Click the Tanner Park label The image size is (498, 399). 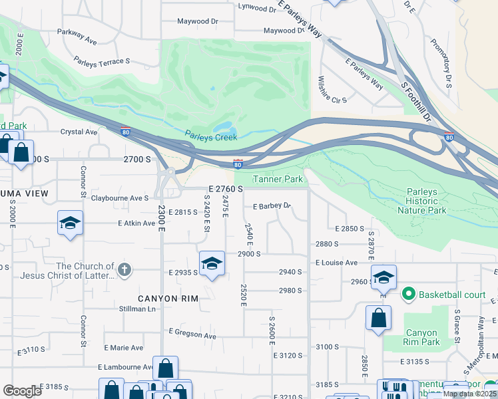(x=278, y=180)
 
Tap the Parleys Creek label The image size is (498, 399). (x=211, y=137)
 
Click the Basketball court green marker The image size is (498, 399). (x=408, y=293)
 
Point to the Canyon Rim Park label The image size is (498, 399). (x=422, y=337)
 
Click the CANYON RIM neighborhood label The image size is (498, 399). (x=168, y=299)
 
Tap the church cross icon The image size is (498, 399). (x=124, y=270)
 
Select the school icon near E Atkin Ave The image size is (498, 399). (x=70, y=223)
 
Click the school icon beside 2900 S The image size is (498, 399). (x=212, y=263)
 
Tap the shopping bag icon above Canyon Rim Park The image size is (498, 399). (x=378, y=317)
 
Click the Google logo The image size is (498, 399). (x=23, y=391)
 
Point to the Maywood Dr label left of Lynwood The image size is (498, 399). (x=198, y=21)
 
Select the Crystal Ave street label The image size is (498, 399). (x=79, y=132)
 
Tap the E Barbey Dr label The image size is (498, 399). (x=272, y=206)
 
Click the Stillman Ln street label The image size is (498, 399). (x=138, y=309)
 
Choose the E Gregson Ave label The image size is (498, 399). (x=192, y=334)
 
